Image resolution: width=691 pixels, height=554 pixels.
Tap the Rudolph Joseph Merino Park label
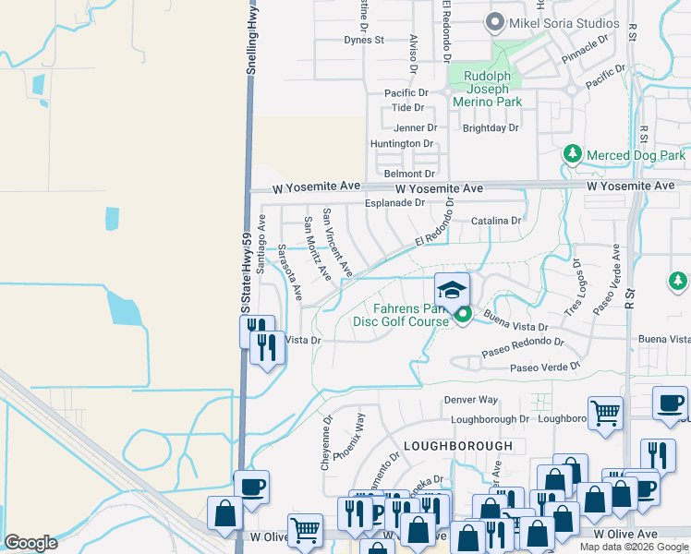[486, 89]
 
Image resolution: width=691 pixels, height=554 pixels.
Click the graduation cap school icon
[452, 290]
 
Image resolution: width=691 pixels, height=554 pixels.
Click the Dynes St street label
[363, 41]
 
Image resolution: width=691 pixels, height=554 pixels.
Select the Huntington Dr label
[401, 144]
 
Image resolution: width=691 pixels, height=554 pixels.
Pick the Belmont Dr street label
[409, 174]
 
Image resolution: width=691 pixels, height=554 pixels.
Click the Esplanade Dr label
[394, 202]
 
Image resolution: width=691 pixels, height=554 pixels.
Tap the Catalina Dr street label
[496, 221]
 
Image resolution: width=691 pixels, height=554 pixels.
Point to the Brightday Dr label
[491, 127]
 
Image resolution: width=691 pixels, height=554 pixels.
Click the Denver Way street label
[470, 400]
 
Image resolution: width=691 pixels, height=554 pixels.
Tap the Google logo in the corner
[30, 543]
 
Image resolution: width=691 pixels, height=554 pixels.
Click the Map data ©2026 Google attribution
[633, 547]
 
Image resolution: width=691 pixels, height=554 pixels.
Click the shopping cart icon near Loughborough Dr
[605, 413]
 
